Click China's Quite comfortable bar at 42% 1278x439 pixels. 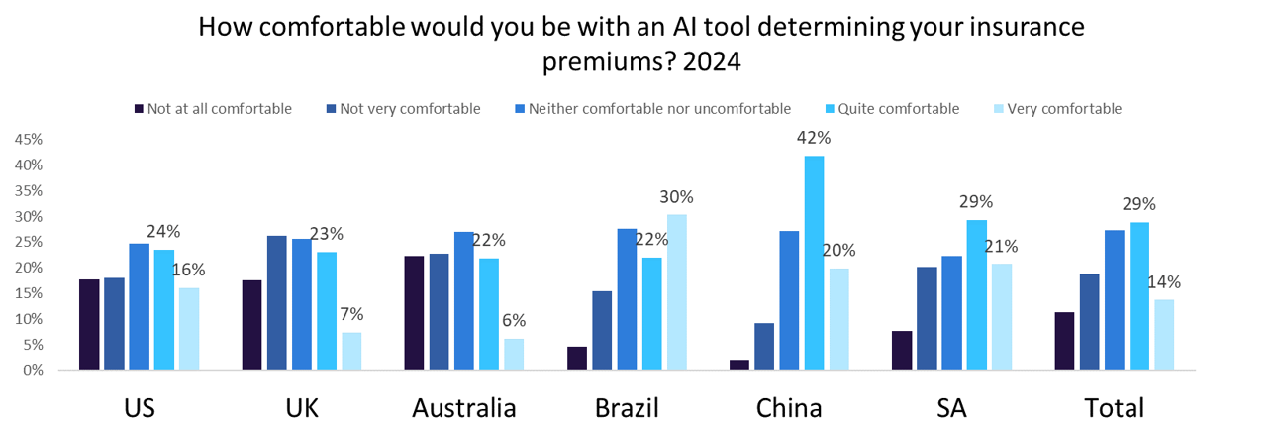tap(815, 263)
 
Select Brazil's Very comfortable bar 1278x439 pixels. tap(677, 292)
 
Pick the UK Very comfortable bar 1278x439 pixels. tap(351, 351)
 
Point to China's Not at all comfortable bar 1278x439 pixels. tap(738, 365)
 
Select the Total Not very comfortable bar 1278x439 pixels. tap(1089, 321)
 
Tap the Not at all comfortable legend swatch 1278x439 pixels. tap(138, 109)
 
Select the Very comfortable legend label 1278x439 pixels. tap(1063, 109)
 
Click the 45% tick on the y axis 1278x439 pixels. tap(27, 139)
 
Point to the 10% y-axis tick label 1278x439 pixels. tap(27, 319)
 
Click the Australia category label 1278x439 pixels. tap(464, 407)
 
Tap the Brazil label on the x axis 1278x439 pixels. tap(627, 407)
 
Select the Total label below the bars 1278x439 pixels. tap(1114, 407)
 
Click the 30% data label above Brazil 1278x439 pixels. tap(678, 197)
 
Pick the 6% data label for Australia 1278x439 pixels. tap(514, 320)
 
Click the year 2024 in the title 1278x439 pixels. tap(710, 60)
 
